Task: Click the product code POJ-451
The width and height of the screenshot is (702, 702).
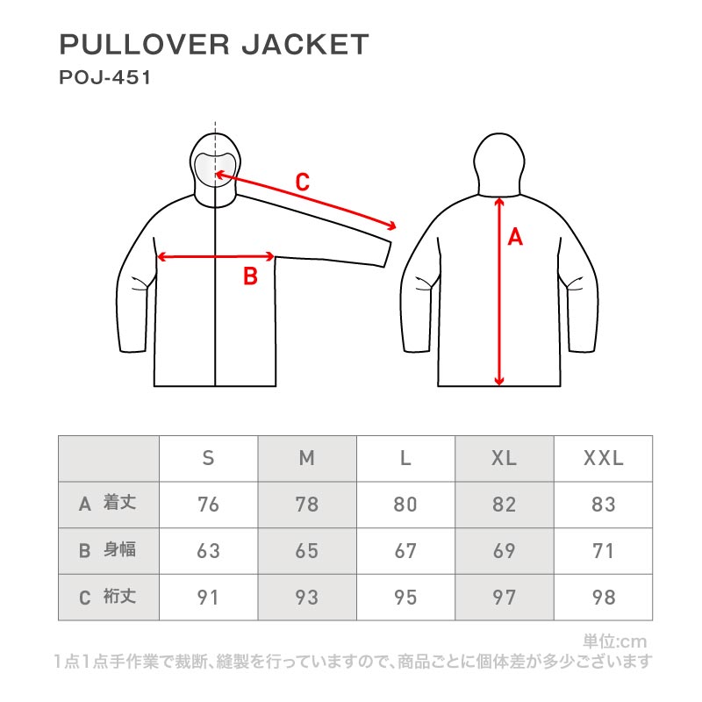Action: pos(105,77)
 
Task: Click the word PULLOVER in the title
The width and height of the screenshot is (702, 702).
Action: pos(145,45)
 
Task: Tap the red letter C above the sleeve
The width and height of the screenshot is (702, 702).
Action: pos(303,183)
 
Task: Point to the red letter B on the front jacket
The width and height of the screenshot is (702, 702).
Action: pos(250,276)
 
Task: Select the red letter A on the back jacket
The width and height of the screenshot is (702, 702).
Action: pos(515,237)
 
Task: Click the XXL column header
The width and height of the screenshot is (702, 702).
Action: pos(604,458)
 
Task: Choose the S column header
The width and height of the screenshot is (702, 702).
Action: pos(208,458)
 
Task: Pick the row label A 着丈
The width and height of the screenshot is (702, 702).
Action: pos(107,504)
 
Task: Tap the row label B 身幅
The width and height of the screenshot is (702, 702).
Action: pos(107,550)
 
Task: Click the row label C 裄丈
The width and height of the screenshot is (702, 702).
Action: pos(107,597)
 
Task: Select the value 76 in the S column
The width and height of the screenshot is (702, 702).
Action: pos(208,505)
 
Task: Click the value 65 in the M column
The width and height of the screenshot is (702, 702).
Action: pos(307,551)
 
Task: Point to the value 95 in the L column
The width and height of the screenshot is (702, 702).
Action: pos(405,598)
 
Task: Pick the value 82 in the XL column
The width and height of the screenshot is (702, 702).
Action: pos(505,505)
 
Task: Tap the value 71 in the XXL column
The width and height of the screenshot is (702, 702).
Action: pos(603,551)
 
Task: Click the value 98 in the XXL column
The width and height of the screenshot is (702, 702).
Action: pos(604,598)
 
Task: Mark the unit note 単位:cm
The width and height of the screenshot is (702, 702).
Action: pos(615,641)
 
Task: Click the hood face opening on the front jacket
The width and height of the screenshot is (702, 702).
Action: pos(215,170)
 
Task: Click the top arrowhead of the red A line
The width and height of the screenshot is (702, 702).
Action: pos(499,202)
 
